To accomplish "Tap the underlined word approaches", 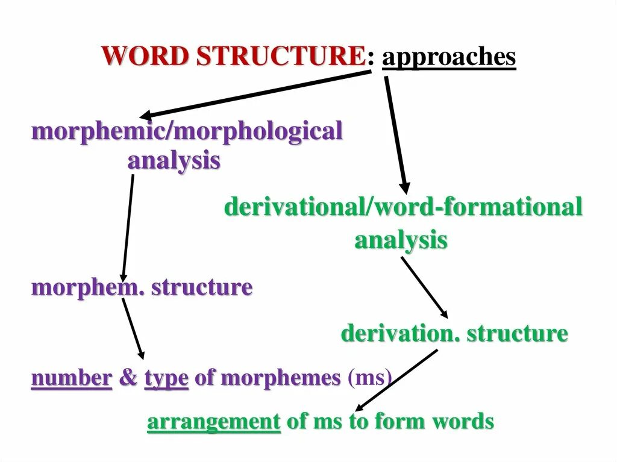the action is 449,58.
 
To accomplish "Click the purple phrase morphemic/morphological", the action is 187,131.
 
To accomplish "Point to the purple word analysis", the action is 174,161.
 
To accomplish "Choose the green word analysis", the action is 401,240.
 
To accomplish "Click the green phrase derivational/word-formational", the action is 403,208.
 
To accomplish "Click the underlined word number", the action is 72,378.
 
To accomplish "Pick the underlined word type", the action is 166,378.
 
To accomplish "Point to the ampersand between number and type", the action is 128,378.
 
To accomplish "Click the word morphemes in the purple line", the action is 281,378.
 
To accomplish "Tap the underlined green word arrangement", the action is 214,422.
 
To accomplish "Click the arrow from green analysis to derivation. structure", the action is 424,287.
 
